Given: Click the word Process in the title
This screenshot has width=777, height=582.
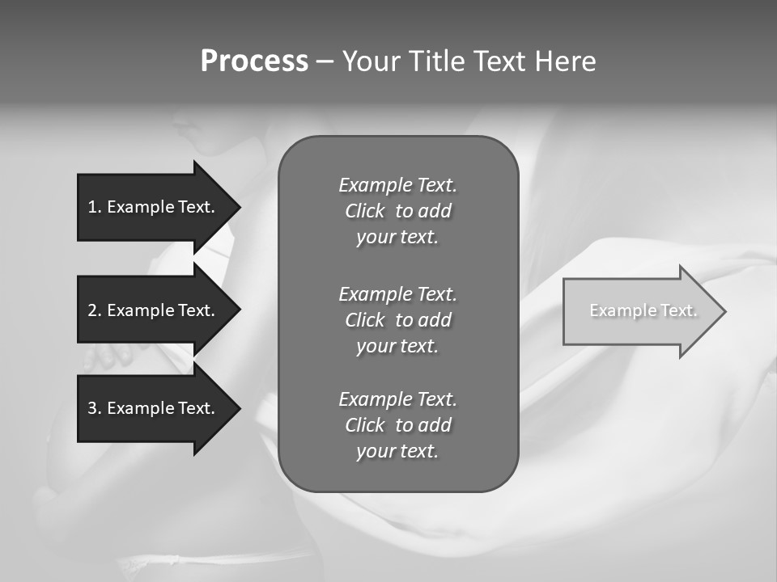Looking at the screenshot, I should (254, 61).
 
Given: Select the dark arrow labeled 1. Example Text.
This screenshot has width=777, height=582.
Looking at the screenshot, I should (154, 207).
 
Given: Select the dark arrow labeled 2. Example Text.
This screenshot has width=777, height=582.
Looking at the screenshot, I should (154, 310).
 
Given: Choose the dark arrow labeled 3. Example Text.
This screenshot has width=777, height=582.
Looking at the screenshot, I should (154, 408).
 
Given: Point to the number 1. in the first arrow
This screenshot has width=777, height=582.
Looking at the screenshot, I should (95, 207).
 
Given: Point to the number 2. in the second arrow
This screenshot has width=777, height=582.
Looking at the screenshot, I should (95, 310).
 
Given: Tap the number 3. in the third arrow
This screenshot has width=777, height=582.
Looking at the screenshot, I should (95, 408).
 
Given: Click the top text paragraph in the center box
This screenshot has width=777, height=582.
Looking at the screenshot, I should (397, 211).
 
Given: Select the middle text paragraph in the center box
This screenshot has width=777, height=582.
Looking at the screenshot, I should (397, 320).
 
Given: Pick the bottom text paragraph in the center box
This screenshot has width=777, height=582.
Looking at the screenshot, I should (397, 425).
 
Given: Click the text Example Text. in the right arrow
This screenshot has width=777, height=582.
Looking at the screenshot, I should (643, 310).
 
